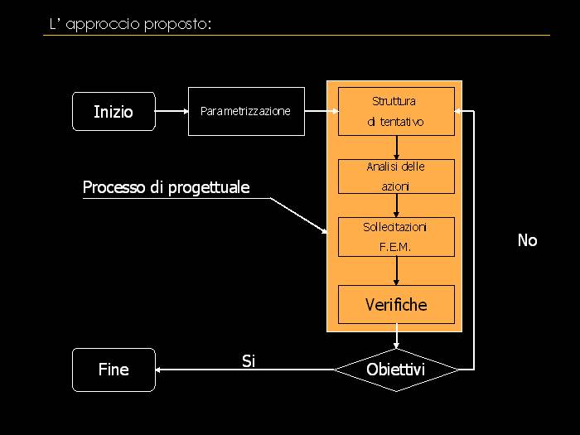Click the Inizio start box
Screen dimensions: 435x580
pyautogui.click(x=114, y=112)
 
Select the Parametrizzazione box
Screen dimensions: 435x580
pyautogui.click(x=246, y=111)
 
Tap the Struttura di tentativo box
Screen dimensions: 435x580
pyautogui.click(x=396, y=111)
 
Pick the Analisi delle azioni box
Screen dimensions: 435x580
pyautogui.click(x=396, y=176)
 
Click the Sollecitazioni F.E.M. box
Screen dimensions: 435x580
pyautogui.click(x=396, y=237)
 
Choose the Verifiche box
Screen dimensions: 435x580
pyautogui.click(x=396, y=305)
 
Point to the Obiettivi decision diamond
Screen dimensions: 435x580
pyautogui.click(x=396, y=370)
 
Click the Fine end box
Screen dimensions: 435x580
pyautogui.click(x=114, y=370)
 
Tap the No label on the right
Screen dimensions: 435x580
pyautogui.click(x=527, y=240)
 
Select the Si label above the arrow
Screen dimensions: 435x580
pyautogui.click(x=249, y=360)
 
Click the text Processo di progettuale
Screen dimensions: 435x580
pyautogui.click(x=166, y=188)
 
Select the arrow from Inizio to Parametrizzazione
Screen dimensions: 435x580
pyautogui.click(x=172, y=111)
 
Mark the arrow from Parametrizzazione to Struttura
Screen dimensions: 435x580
pyautogui.click(x=321, y=111)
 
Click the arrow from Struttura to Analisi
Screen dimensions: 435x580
pyautogui.click(x=397, y=147)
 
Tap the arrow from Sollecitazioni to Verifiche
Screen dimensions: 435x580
pyautogui.click(x=397, y=271)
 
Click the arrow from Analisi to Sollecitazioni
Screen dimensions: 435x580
pyautogui.click(x=397, y=205)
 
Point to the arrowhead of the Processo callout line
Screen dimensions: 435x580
pyautogui.click(x=325, y=232)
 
